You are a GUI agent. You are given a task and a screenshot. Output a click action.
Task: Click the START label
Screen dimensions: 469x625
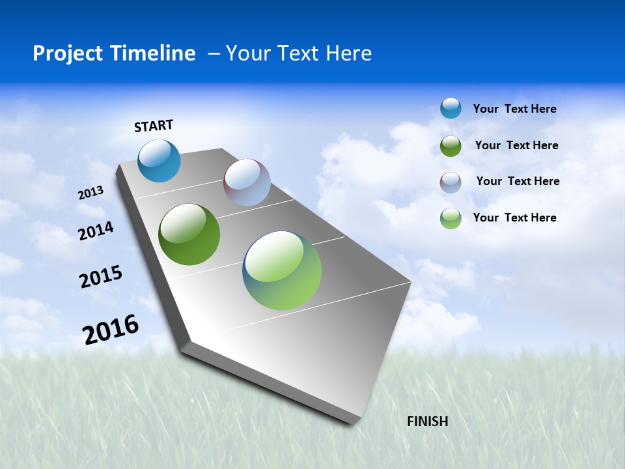coord(154,126)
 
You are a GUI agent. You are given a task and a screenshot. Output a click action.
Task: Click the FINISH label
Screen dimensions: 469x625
coord(427,421)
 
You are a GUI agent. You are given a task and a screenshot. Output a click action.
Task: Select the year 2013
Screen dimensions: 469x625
coord(90,193)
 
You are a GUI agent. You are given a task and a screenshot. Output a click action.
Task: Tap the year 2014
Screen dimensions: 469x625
coord(96,231)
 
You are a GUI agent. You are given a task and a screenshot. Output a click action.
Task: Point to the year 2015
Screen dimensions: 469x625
coord(101,277)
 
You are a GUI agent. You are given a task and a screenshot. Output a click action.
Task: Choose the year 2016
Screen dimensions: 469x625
coord(111,330)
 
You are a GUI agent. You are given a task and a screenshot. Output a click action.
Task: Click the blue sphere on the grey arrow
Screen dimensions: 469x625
coord(160,160)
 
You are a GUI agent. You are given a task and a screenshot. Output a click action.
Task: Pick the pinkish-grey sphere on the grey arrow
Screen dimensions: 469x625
coord(247,182)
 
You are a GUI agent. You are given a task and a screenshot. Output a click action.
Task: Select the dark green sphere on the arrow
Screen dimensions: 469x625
coord(189,234)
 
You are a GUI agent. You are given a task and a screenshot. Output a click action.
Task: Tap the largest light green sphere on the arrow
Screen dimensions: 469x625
coord(282,270)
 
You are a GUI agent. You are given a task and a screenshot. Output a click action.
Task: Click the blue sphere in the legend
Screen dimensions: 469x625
coord(451,108)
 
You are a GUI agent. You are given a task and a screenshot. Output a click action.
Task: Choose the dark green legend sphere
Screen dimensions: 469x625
coord(451,146)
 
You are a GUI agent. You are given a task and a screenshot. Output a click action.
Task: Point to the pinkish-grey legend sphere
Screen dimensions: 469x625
coord(451,182)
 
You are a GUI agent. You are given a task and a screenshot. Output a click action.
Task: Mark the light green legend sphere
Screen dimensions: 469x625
coord(451,218)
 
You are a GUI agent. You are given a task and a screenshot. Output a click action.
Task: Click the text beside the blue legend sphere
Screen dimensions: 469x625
coord(514,109)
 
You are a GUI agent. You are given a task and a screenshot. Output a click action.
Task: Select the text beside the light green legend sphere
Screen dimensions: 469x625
coord(514,218)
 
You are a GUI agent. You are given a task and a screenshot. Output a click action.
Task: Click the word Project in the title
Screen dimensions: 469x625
coord(67,53)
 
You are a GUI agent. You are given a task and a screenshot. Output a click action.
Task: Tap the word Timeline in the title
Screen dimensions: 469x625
coord(153,53)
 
